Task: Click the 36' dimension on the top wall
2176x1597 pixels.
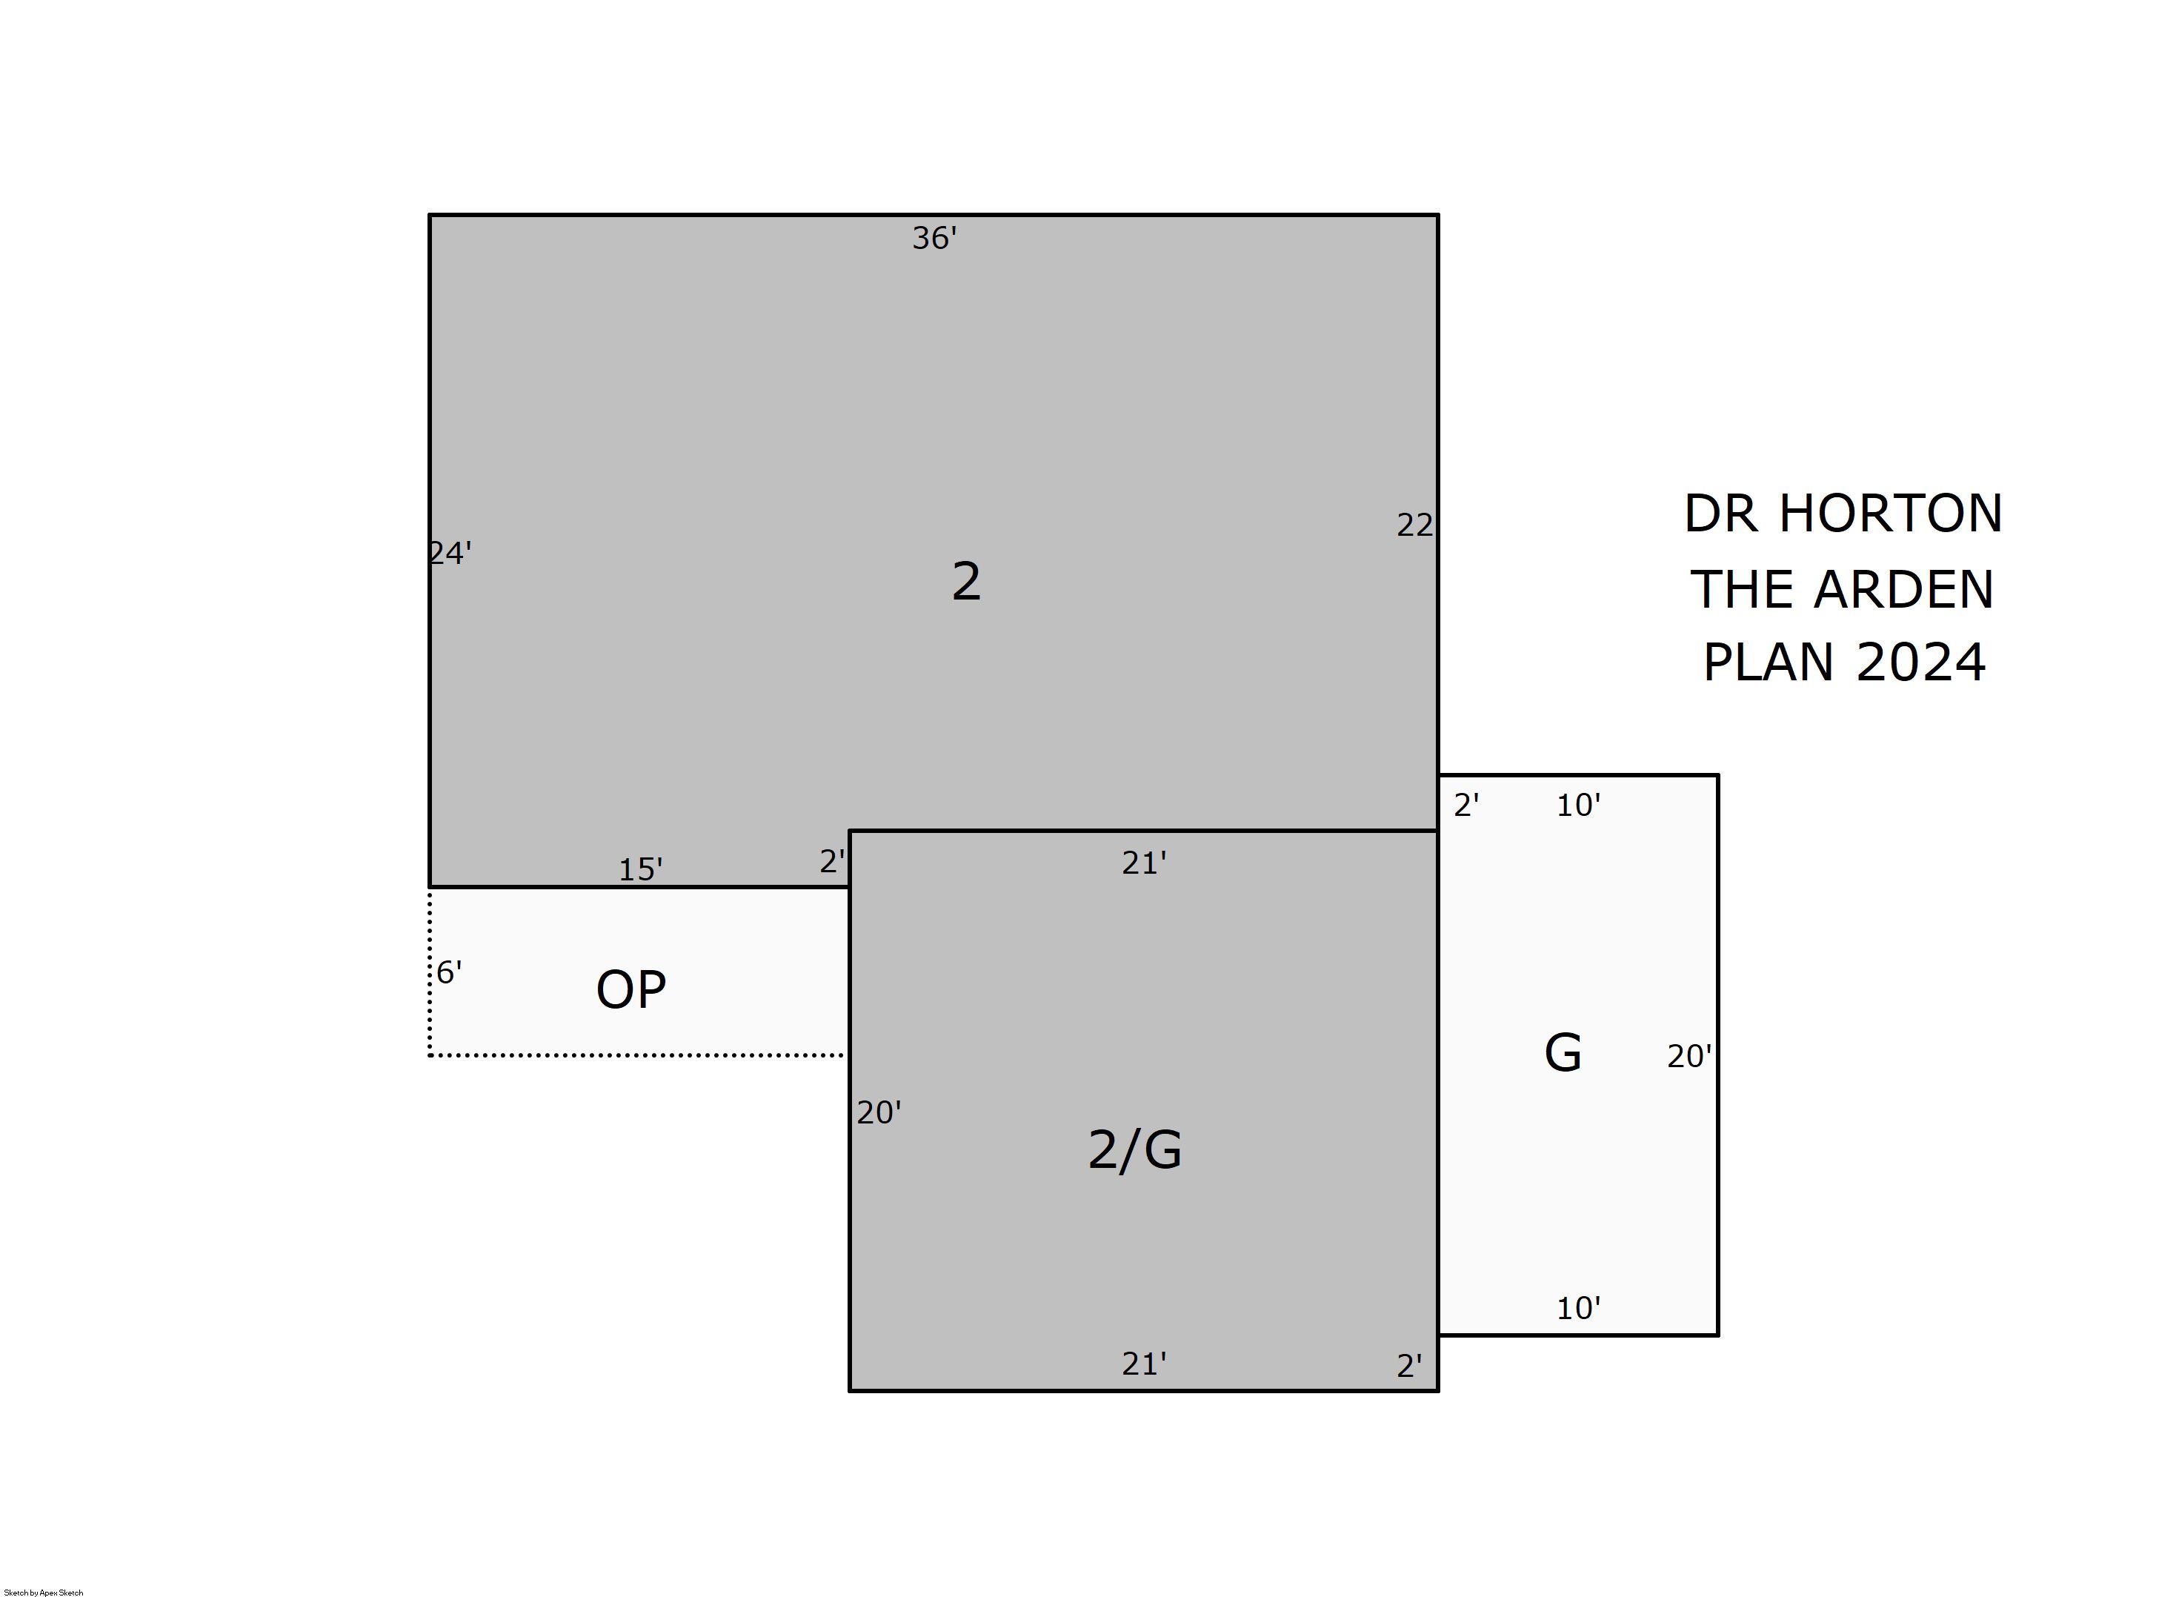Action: pyautogui.click(x=934, y=238)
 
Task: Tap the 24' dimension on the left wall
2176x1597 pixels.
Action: pyautogui.click(x=450, y=553)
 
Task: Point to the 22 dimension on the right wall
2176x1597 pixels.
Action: pyautogui.click(x=1414, y=525)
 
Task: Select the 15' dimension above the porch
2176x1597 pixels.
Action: pyautogui.click(x=641, y=870)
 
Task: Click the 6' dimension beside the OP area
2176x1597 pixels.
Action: pyautogui.click(x=449, y=972)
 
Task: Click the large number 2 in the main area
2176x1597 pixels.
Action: pyautogui.click(x=966, y=582)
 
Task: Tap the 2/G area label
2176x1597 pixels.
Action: pyautogui.click(x=1134, y=1150)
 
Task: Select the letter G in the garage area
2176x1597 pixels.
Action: pyautogui.click(x=1563, y=1053)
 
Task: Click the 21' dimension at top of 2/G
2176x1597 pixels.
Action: pyautogui.click(x=1144, y=863)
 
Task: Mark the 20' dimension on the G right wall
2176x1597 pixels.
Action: pyautogui.click(x=1689, y=1057)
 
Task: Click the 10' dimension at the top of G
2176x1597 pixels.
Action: pyautogui.click(x=1578, y=806)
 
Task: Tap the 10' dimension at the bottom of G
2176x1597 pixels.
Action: pyautogui.click(x=1578, y=1309)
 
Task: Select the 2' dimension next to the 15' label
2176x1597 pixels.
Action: pyautogui.click(x=832, y=861)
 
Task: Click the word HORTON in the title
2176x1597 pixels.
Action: pyautogui.click(x=1890, y=514)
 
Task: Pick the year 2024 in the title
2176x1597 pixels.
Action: pyautogui.click(x=1921, y=663)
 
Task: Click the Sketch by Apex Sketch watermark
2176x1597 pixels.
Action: pyautogui.click(x=44, y=1592)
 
